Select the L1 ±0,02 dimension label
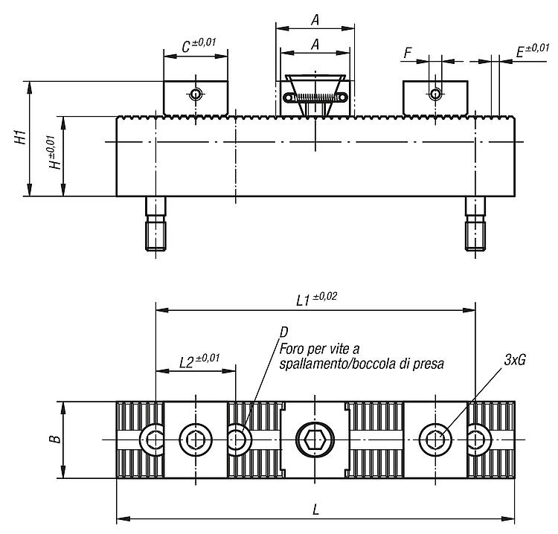click(x=316, y=299)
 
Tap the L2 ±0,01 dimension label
click(x=199, y=361)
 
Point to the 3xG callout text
click(x=515, y=361)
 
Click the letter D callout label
click(x=283, y=332)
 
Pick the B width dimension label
click(x=55, y=439)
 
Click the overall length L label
click(x=315, y=510)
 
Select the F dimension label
click(x=408, y=53)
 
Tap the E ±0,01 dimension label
click(x=533, y=51)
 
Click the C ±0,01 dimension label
click(x=199, y=45)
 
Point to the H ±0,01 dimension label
click(x=54, y=152)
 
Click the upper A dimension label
click(x=315, y=20)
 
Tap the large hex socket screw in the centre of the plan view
click(x=315, y=440)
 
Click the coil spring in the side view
click(x=315, y=97)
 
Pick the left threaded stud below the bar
click(x=155, y=224)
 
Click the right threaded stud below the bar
click(x=475, y=224)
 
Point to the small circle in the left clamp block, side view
click(x=195, y=94)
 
